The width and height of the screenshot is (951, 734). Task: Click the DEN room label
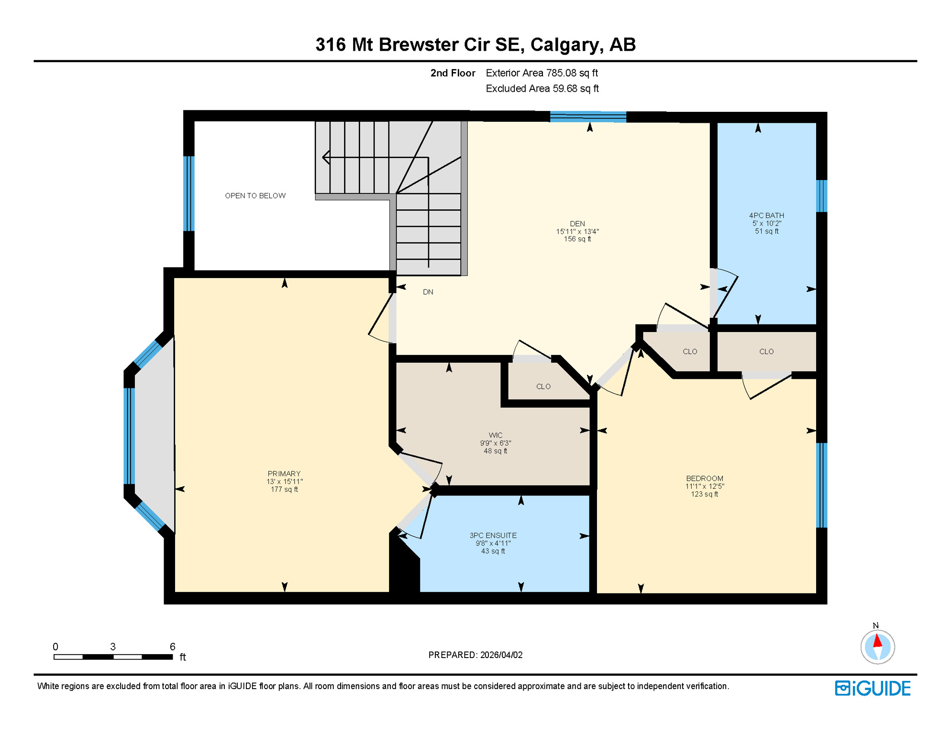577,231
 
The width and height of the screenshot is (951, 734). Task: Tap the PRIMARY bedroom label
284,481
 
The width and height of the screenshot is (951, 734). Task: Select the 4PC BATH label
766,223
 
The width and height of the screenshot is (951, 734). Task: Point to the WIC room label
496,443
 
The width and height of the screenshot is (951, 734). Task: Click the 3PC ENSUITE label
493,543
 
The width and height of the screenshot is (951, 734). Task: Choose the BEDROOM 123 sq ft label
704,486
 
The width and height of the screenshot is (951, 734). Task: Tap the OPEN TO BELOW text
255,195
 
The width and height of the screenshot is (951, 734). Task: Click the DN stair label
428,292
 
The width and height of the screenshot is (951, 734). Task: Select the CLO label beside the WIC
543,386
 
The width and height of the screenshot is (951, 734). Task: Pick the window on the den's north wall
588,117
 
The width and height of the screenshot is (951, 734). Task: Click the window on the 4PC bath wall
821,195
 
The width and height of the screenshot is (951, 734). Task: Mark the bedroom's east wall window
821,485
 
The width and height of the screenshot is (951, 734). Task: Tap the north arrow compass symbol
877,646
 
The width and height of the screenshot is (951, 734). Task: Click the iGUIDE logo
873,688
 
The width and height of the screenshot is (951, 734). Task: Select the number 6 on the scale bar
173,647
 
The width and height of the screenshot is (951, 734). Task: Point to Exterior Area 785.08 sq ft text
542,73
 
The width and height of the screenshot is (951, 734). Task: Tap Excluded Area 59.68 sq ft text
542,88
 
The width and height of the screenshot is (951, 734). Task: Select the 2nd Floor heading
453,73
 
